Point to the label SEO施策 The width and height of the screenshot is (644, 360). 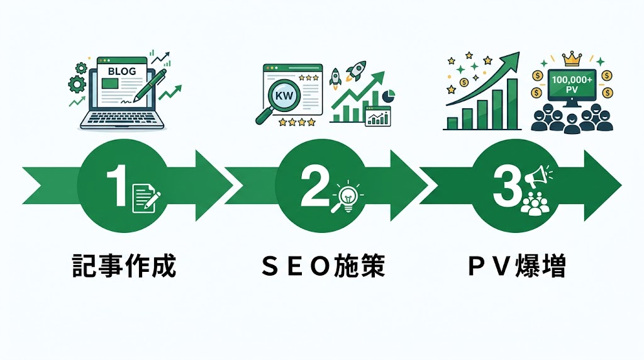(x=322, y=267)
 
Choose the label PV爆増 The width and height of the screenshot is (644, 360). (x=517, y=267)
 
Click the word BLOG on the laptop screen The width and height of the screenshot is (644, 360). (x=121, y=72)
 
